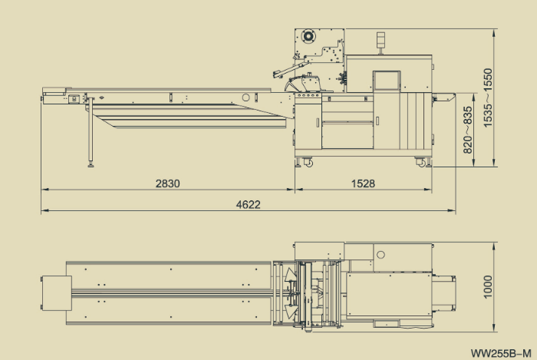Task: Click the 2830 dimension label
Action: (167, 183)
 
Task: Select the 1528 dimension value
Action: (362, 183)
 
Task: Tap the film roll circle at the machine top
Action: (308, 35)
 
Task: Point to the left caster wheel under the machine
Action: (308, 162)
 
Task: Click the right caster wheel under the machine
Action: (420, 162)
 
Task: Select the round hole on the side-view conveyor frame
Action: (246, 97)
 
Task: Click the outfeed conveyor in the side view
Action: (443, 97)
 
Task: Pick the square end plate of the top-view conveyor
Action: (54, 292)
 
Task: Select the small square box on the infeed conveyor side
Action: (74, 97)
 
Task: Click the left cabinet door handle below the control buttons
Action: (317, 123)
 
